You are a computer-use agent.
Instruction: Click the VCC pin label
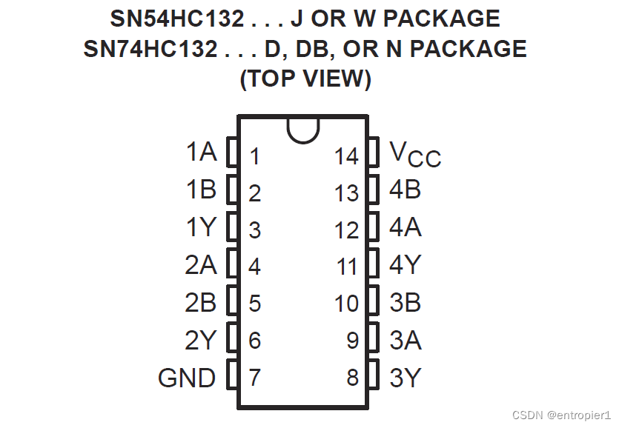coord(414,154)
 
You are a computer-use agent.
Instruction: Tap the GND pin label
coord(187,378)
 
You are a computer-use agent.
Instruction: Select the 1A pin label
coord(201,153)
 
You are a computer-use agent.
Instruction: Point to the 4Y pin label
coord(406,264)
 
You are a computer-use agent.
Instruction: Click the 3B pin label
coord(406,302)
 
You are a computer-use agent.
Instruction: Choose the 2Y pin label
coord(200,340)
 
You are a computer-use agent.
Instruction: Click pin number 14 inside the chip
coord(346,157)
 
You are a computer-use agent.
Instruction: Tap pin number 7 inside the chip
coord(254,378)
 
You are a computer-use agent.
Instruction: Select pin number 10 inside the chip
coord(346,304)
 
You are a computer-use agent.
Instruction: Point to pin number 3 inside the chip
coord(254,230)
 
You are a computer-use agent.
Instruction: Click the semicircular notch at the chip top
coord(302,129)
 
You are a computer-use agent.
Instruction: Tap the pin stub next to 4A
coord(374,227)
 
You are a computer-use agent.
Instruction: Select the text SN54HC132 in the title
coord(176,19)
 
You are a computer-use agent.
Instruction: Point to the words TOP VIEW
coord(305,78)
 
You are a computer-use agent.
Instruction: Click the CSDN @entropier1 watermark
coord(563,415)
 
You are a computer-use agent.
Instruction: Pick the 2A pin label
coord(200,264)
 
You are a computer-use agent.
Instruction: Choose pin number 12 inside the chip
coord(346,230)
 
